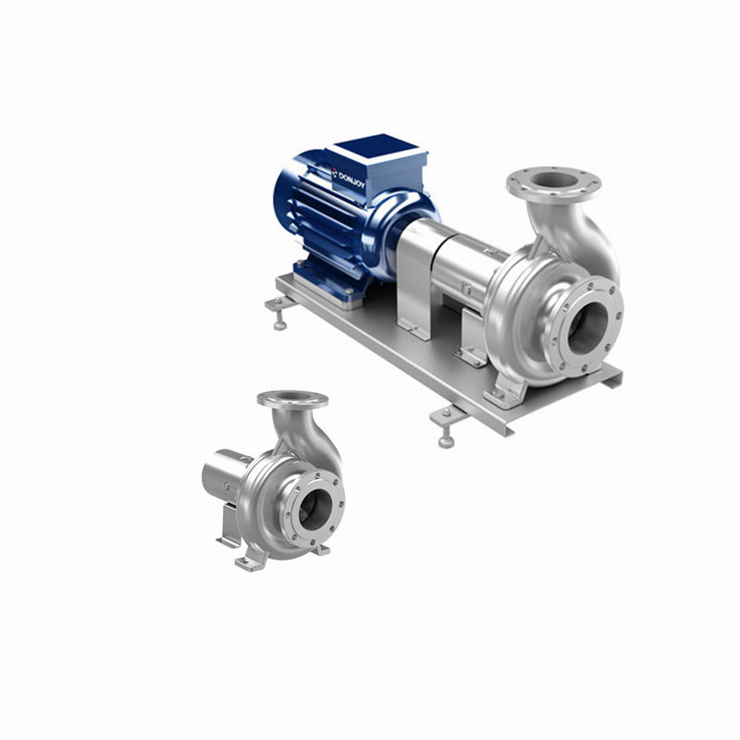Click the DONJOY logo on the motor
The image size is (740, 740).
point(349,178)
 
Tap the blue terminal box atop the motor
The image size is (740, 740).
point(377,166)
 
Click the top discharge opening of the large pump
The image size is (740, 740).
point(556,179)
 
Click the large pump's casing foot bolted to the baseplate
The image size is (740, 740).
point(505,390)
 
